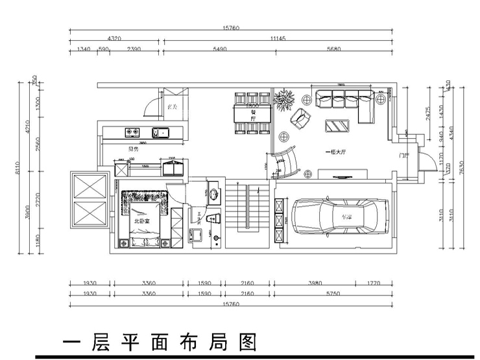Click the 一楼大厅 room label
(x=337, y=152)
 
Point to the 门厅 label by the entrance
(x=404, y=156)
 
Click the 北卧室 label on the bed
(x=141, y=221)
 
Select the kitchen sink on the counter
(x=161, y=134)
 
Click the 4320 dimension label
(x=114, y=39)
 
